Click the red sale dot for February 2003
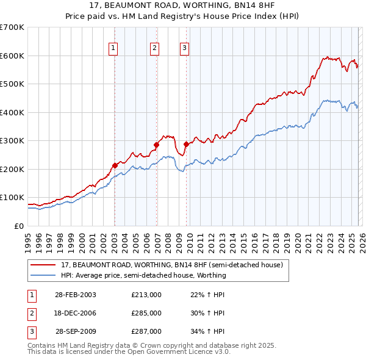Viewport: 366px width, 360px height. click(x=115, y=165)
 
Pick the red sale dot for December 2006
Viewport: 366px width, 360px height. click(x=156, y=145)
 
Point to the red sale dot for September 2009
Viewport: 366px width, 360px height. click(x=186, y=145)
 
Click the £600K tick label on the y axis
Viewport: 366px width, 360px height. click(x=12, y=56)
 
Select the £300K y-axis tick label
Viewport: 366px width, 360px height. click(x=12, y=141)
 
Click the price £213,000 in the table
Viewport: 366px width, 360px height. click(x=146, y=295)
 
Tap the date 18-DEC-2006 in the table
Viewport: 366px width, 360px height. click(x=75, y=313)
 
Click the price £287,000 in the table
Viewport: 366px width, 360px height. click(x=146, y=331)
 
